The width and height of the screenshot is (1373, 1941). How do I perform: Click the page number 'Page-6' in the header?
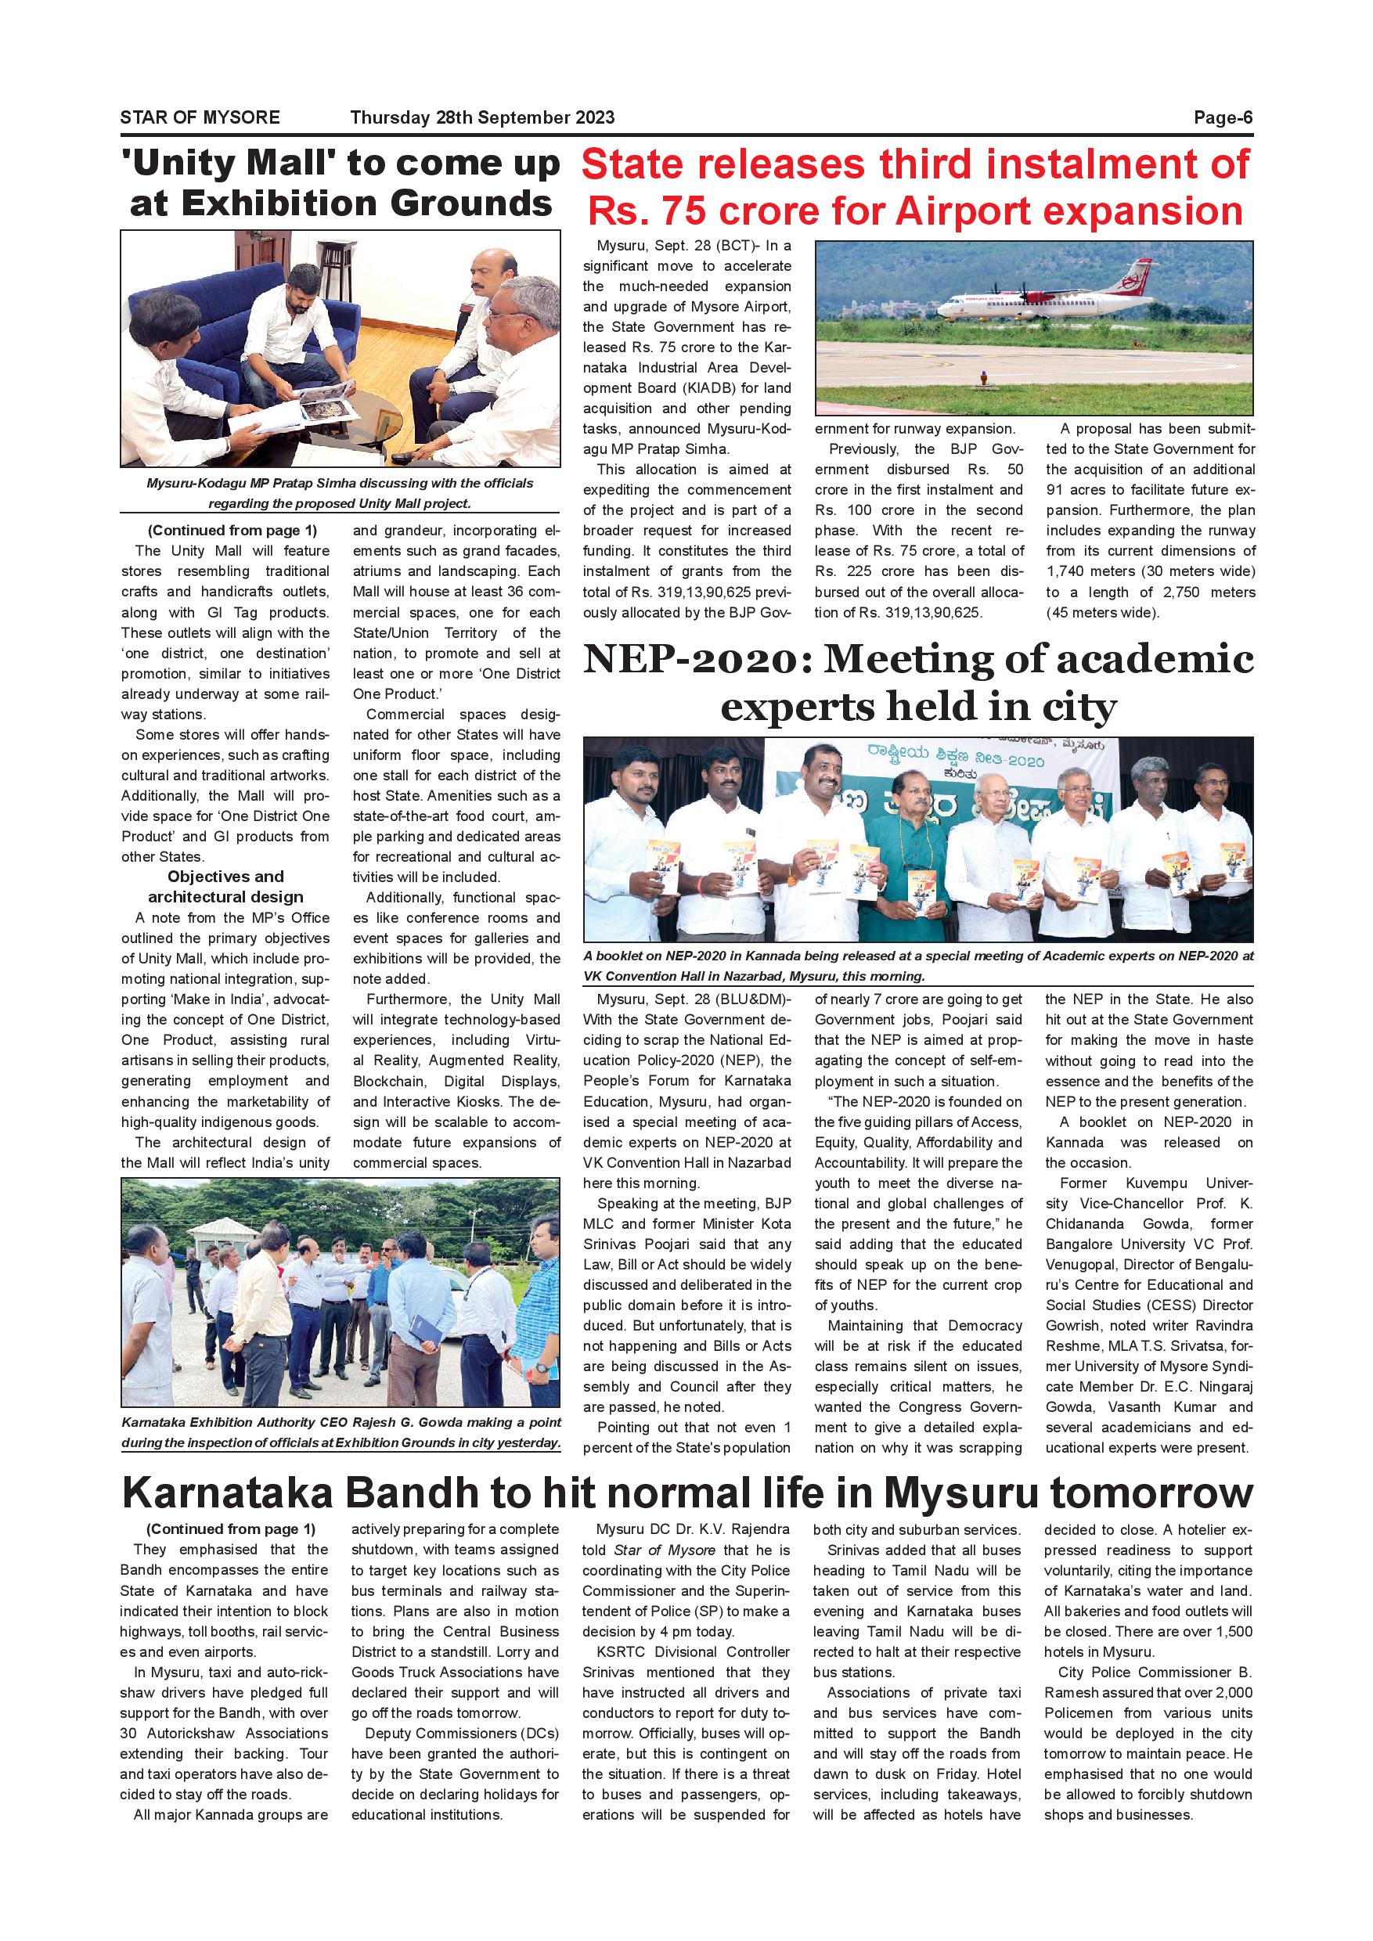point(1223,117)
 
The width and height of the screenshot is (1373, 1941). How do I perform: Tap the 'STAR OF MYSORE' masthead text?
point(200,117)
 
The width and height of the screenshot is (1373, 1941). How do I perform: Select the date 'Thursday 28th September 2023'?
point(482,117)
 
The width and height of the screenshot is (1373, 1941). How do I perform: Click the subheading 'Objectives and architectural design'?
point(225,887)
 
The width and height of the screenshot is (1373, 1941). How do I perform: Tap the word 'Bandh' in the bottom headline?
point(409,1493)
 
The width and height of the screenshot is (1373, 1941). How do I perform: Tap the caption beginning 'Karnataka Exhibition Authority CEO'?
point(341,1432)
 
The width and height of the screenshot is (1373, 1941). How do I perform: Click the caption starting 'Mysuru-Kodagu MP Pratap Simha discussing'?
point(339,493)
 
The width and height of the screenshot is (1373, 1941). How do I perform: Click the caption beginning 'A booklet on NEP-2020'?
point(918,966)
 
